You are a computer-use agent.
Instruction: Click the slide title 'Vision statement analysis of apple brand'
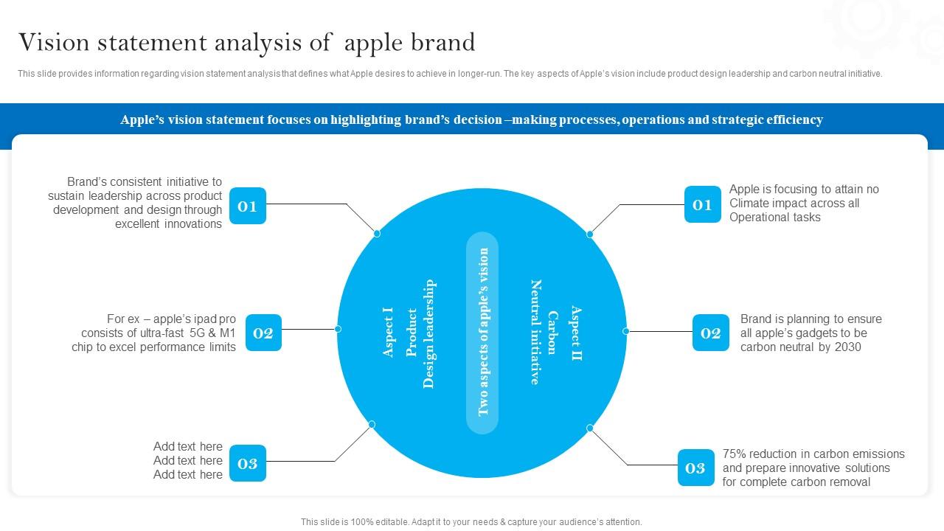click(246, 43)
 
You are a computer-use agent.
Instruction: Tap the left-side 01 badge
click(247, 206)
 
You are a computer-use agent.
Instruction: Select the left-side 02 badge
click(263, 333)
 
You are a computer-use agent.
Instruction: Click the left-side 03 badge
click(247, 463)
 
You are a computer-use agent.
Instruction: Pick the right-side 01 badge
click(702, 204)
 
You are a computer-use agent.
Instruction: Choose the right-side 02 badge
click(710, 333)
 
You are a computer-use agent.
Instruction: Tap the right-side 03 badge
click(695, 468)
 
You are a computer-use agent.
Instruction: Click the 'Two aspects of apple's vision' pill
click(482, 333)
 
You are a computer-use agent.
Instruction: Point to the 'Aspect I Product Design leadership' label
click(409, 333)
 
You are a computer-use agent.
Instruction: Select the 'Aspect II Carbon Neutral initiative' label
click(555, 332)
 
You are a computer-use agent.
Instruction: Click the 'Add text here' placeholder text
click(187, 460)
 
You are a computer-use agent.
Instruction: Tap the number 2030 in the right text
click(847, 347)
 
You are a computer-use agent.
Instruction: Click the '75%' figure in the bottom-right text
click(735, 454)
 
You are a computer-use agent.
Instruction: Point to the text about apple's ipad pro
click(154, 333)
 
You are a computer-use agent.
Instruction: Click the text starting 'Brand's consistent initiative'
click(136, 203)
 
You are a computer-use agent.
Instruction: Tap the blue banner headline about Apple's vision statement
click(471, 119)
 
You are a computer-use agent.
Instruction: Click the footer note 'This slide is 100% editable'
click(471, 521)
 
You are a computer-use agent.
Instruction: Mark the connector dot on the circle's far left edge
click(339, 329)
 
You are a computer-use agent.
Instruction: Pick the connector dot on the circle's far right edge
click(625, 331)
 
